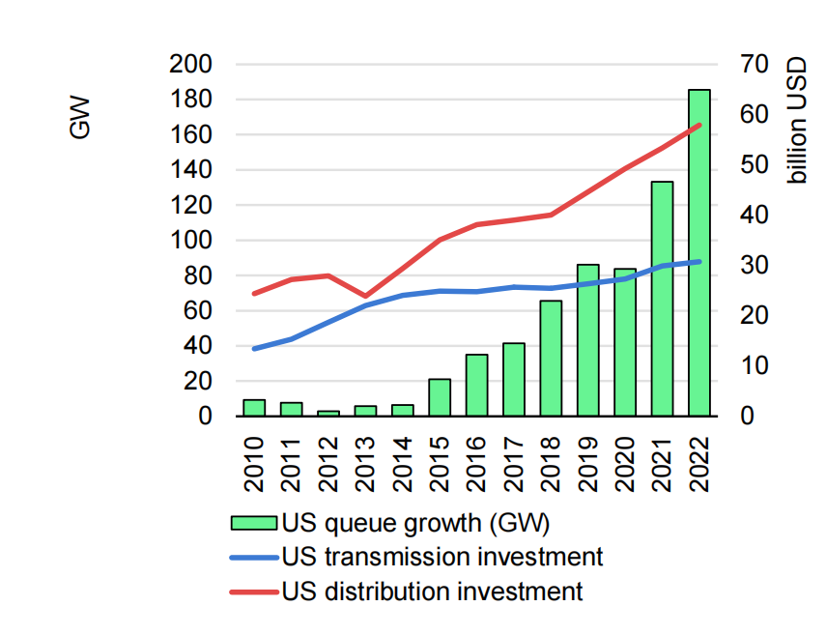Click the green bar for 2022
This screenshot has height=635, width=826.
[x=698, y=253]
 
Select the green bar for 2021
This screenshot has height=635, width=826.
[x=662, y=299]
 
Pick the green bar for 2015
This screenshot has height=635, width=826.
[x=440, y=397]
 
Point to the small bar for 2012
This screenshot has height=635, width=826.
[x=328, y=413]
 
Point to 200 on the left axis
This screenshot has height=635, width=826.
[x=191, y=65]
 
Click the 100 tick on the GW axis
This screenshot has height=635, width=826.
[x=191, y=241]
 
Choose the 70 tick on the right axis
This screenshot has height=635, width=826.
[x=755, y=65]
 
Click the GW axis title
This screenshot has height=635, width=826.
[x=81, y=116]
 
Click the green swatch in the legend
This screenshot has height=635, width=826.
[x=255, y=523]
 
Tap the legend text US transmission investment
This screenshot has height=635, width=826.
[x=442, y=557]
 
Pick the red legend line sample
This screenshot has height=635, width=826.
[x=255, y=591]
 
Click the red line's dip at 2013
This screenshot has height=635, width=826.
[x=365, y=296]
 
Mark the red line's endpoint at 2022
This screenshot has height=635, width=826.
[x=698, y=125]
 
